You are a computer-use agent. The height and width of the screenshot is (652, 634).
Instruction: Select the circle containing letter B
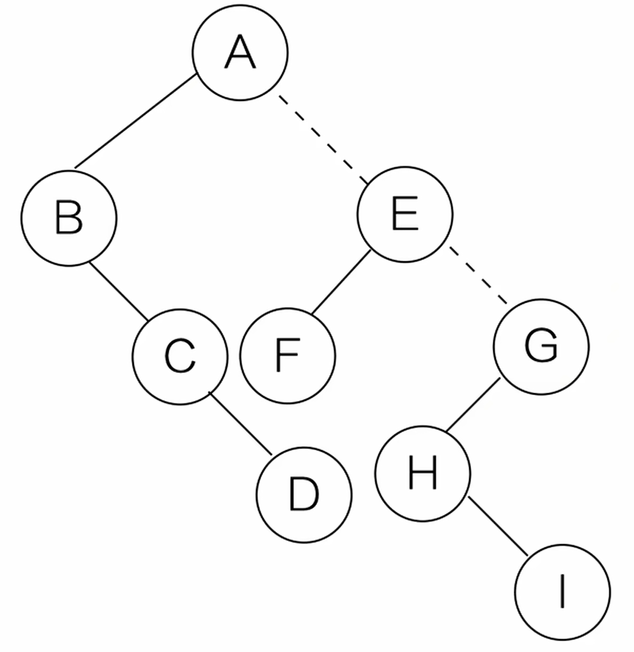[x=69, y=216]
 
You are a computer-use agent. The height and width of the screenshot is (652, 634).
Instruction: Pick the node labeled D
[x=304, y=493]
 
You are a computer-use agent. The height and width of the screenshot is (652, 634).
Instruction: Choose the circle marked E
[x=405, y=213]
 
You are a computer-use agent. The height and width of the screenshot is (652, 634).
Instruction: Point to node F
[x=287, y=356]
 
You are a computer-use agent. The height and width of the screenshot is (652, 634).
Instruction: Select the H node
[x=423, y=473]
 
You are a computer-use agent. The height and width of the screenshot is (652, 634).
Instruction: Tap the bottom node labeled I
[x=562, y=592]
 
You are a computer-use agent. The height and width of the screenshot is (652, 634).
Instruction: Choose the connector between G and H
[x=472, y=406]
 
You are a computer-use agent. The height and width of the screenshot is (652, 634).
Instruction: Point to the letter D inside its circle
[x=304, y=493]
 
